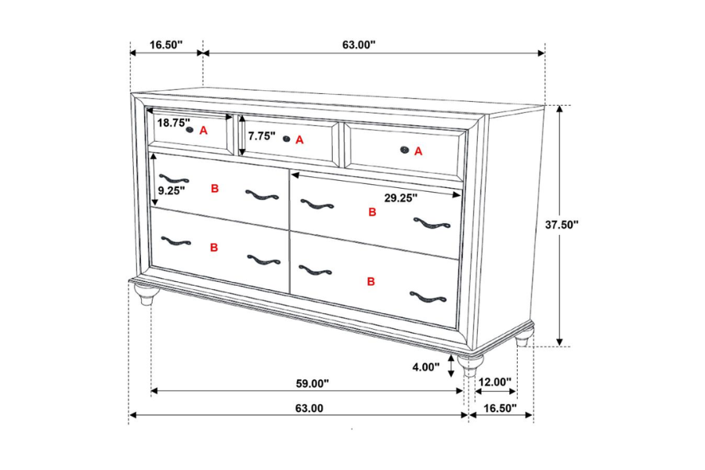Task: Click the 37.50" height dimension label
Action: coord(562,225)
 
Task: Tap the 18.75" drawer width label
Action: coord(173,123)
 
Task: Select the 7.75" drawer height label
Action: coord(262,136)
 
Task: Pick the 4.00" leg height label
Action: coord(425,366)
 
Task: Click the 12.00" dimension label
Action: coord(494,382)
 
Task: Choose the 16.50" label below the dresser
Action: coord(501,408)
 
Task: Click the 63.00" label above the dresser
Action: coord(359,45)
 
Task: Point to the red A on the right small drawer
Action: coord(418,152)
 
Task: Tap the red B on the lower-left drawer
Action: coord(214,248)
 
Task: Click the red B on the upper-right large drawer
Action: coord(372,212)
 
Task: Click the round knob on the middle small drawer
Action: coord(287,139)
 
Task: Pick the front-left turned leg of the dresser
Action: coord(146,295)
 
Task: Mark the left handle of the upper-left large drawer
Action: coord(173,179)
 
